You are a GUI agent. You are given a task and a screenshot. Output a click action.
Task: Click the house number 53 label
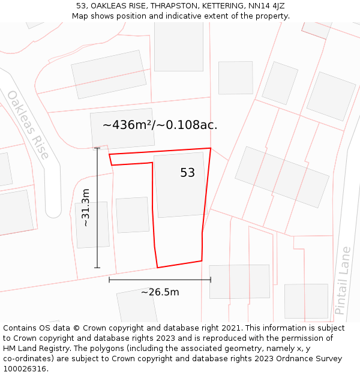(x=187, y=173)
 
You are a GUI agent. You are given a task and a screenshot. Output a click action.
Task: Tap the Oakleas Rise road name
(x=28, y=124)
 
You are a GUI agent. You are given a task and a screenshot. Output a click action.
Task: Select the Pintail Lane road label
(x=342, y=280)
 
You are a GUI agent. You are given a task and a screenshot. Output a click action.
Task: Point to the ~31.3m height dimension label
(x=85, y=208)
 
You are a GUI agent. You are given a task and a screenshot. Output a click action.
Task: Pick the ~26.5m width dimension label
(x=160, y=292)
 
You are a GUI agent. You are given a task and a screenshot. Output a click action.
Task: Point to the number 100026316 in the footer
(x=25, y=369)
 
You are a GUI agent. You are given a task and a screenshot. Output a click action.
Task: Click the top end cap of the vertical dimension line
(x=97, y=148)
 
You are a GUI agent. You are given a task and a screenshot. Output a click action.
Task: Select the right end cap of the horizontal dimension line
(x=211, y=280)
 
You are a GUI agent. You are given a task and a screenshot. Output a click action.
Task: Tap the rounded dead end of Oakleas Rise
(x=53, y=209)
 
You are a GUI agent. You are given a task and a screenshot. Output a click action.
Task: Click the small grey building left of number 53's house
(x=132, y=215)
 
